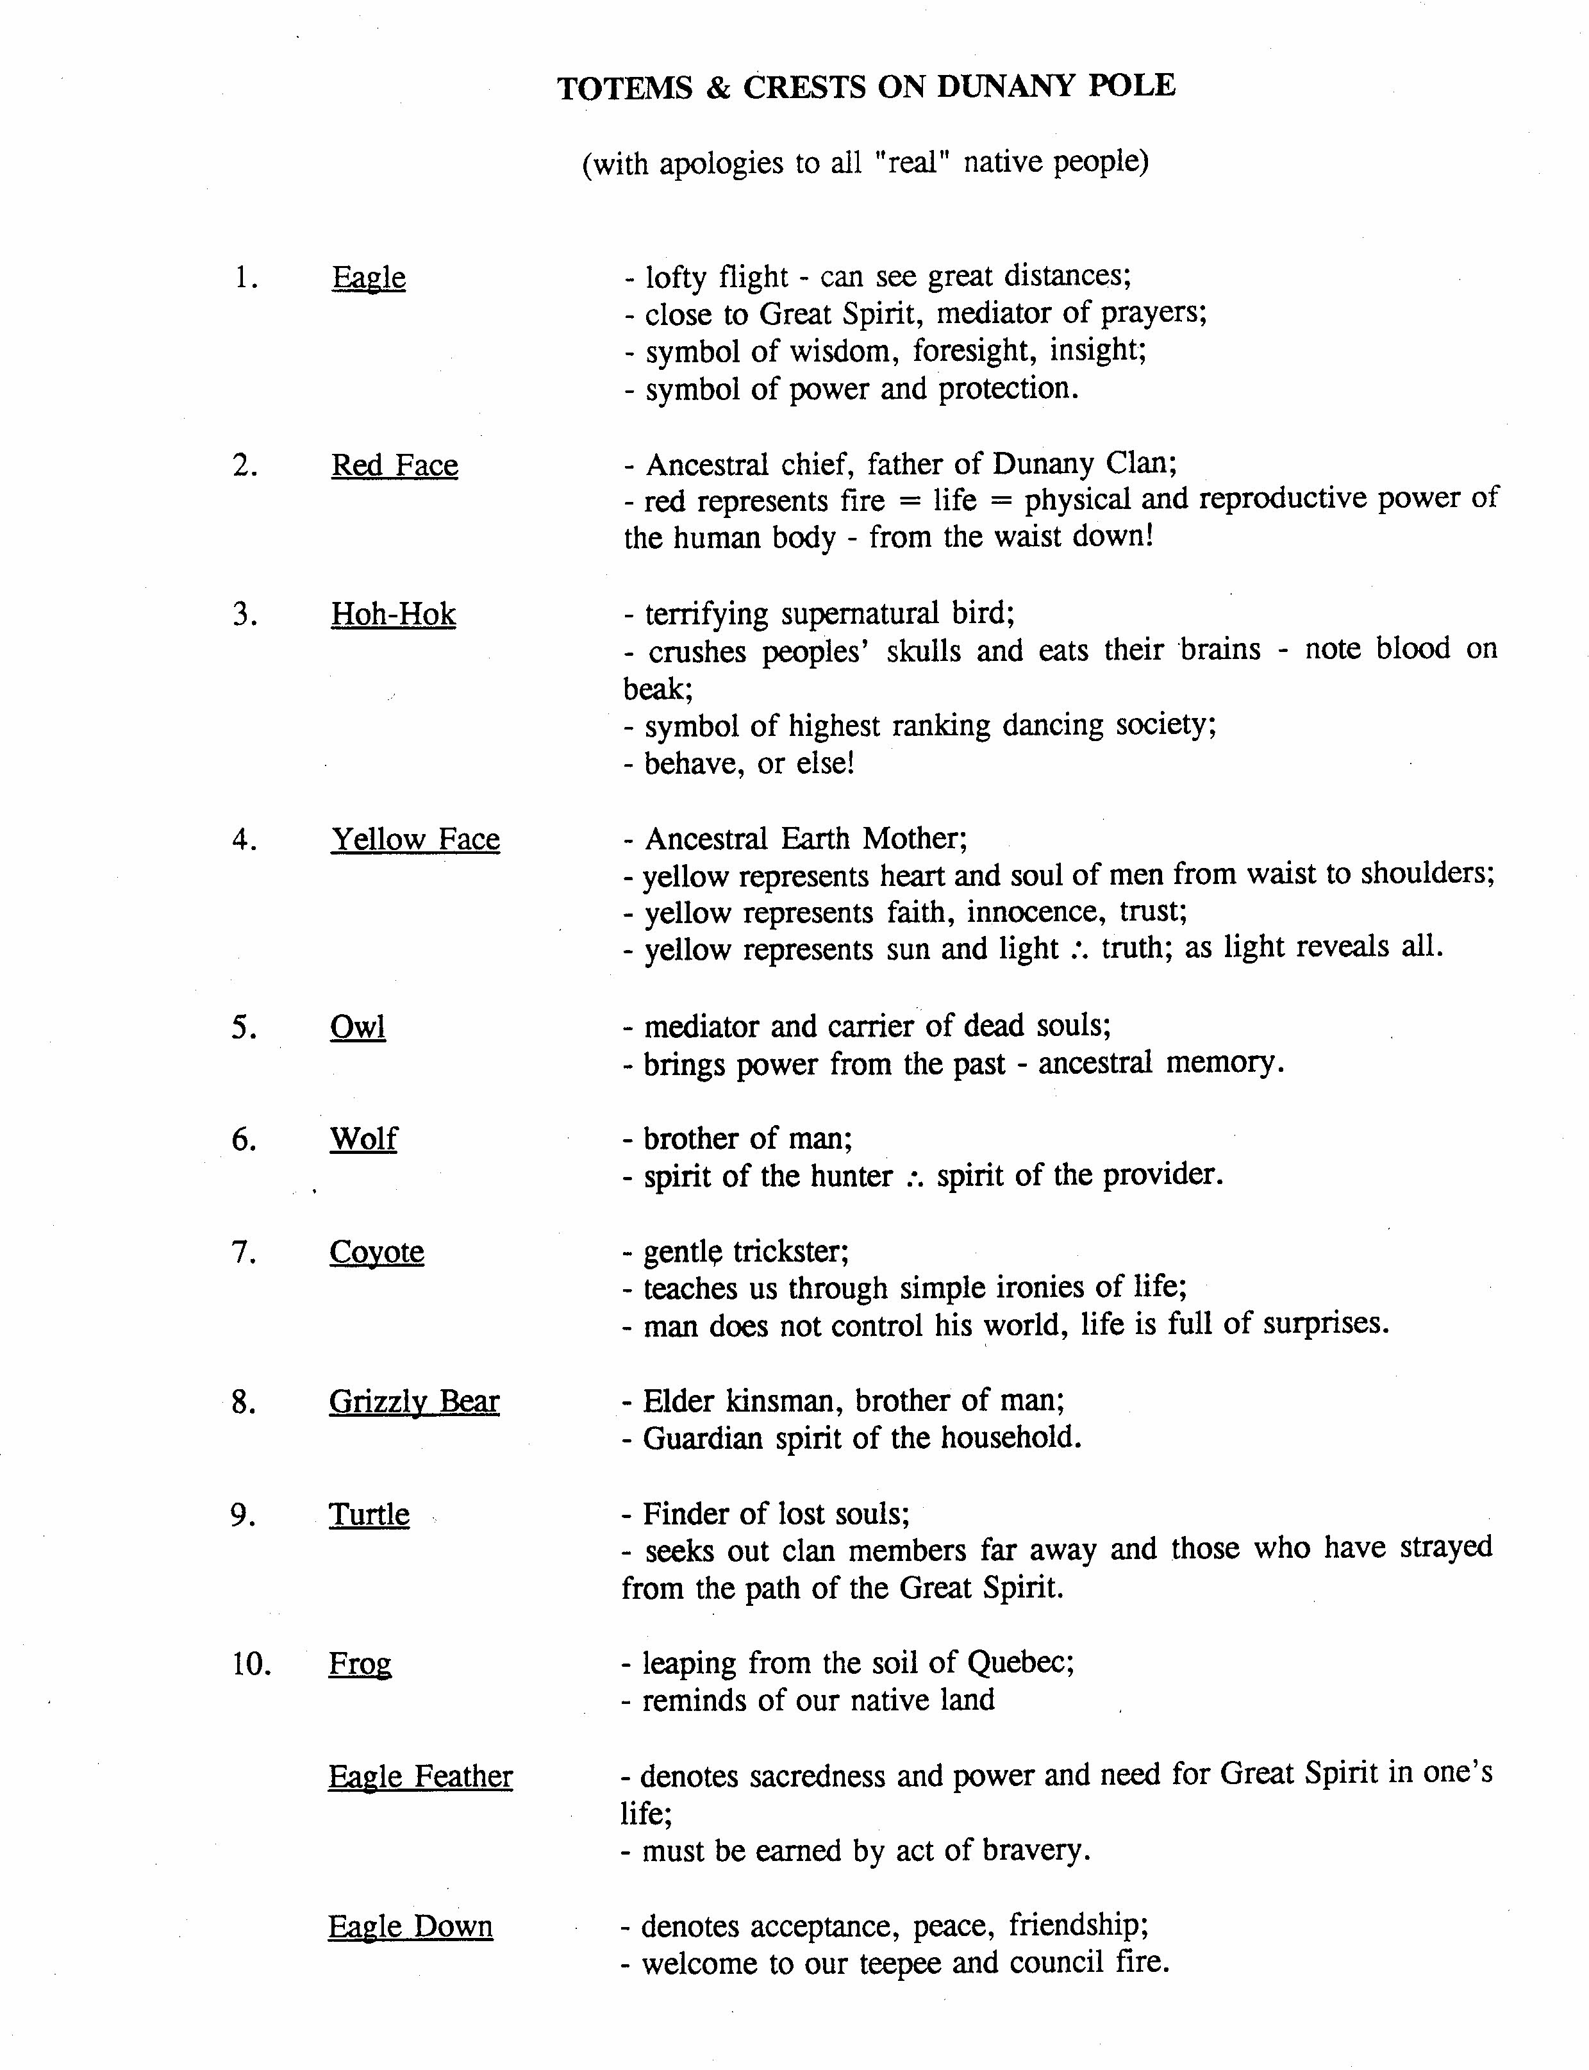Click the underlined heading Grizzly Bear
[413, 1402]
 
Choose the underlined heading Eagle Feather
[420, 1777]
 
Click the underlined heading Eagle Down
[410, 1927]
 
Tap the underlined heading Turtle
[369, 1515]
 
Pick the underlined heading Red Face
[394, 465]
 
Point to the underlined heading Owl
[358, 1028]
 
